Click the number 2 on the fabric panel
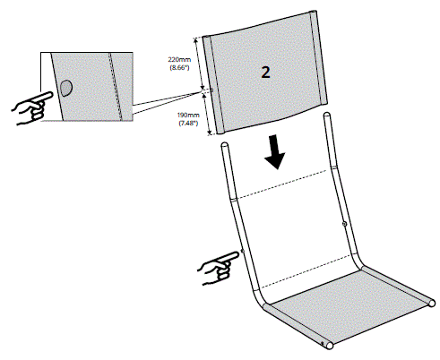(x=265, y=72)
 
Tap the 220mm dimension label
(x=178, y=60)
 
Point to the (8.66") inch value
(x=178, y=69)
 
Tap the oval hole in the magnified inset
(x=67, y=88)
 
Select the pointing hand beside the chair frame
(x=217, y=268)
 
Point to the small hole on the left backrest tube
(x=242, y=253)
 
